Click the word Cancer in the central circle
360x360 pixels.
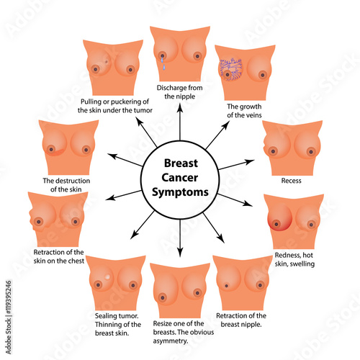tap(180, 179)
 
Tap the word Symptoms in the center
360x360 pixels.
tap(180, 193)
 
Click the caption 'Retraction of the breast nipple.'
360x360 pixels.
tap(241, 320)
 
